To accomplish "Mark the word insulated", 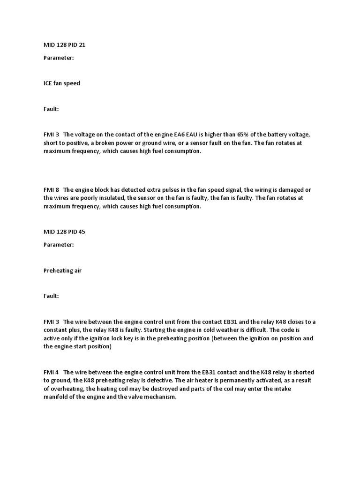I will tap(102, 198).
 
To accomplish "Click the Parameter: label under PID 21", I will tap(59, 58).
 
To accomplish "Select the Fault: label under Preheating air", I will tap(51, 296).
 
